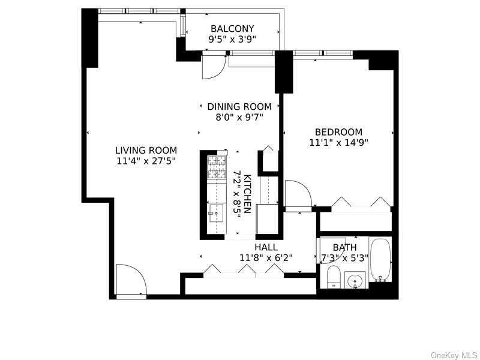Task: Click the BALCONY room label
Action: pyautogui.click(x=232, y=29)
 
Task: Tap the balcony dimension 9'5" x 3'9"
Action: pyautogui.click(x=232, y=40)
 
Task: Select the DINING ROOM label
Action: pyautogui.click(x=239, y=107)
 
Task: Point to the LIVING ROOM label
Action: pyautogui.click(x=146, y=151)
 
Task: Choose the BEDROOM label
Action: pyautogui.click(x=339, y=133)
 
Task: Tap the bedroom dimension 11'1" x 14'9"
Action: pyautogui.click(x=339, y=143)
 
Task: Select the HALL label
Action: pyautogui.click(x=266, y=247)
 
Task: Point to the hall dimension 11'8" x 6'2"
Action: pyautogui.click(x=266, y=258)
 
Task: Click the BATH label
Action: pyautogui.click(x=344, y=247)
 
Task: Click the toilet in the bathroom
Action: pyautogui.click(x=334, y=277)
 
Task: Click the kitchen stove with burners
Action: pyautogui.click(x=215, y=167)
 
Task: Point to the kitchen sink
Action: pyautogui.click(x=215, y=214)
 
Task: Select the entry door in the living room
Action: pyautogui.click(x=130, y=280)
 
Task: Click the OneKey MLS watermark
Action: pyautogui.click(x=454, y=355)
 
